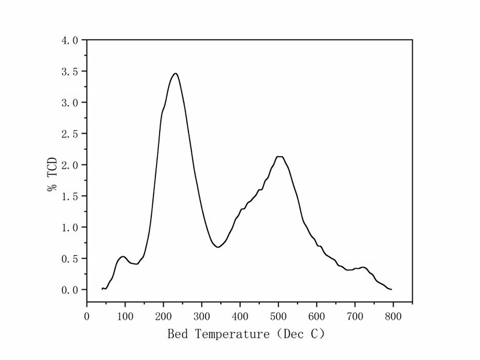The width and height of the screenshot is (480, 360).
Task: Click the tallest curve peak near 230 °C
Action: pos(175,73)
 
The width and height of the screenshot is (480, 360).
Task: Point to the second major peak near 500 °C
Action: pos(279,157)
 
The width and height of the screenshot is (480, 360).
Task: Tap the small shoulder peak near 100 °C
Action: pos(123,257)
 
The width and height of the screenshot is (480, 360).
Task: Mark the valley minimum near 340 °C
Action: pos(218,247)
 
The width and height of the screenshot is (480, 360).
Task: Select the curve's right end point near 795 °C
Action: pos(391,289)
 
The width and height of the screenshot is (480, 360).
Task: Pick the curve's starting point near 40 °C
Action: pos(103,289)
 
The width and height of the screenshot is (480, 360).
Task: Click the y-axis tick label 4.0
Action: pos(70,40)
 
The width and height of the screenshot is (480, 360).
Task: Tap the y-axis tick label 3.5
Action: pos(70,71)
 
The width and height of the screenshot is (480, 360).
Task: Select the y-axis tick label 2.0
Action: pos(70,165)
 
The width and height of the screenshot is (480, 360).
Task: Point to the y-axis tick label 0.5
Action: pos(70,259)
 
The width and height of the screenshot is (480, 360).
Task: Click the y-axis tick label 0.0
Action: pos(70,290)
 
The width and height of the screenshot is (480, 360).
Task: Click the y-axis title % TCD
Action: pos(52,175)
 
